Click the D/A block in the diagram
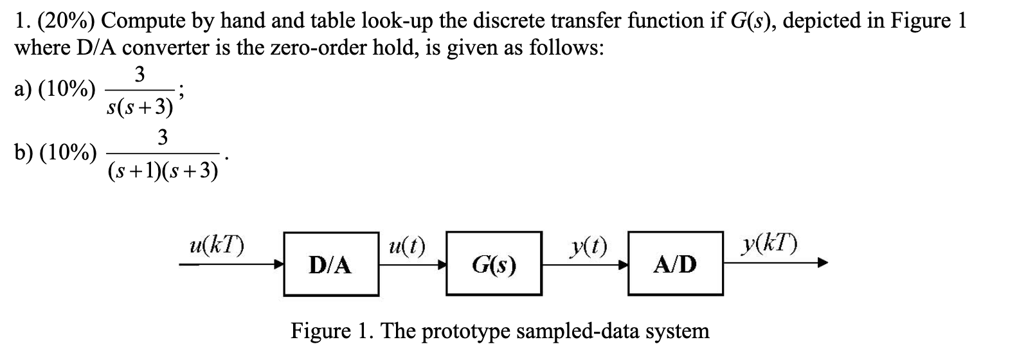(x=331, y=264)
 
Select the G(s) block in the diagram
(x=494, y=264)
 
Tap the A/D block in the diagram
(x=676, y=264)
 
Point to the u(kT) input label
(x=217, y=246)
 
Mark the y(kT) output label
(x=770, y=244)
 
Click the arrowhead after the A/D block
(x=823, y=264)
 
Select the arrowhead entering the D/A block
(x=278, y=264)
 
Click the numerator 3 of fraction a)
(x=139, y=74)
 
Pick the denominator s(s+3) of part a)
(x=140, y=107)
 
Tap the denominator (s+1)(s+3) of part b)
(x=163, y=172)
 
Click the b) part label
(x=22, y=152)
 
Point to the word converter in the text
(x=166, y=48)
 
